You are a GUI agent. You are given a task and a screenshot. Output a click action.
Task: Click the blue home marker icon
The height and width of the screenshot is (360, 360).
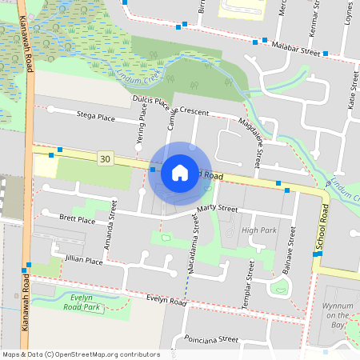click(x=180, y=172)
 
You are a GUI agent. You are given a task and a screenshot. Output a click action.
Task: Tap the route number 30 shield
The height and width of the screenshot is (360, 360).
click(x=106, y=159)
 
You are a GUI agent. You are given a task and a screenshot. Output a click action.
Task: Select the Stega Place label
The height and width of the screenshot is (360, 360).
click(x=96, y=116)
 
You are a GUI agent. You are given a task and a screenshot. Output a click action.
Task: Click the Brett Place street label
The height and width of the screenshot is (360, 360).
click(x=78, y=219)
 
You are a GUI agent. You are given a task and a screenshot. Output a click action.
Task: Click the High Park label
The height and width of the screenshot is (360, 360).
click(x=258, y=230)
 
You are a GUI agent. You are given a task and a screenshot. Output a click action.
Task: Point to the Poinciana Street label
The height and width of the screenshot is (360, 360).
click(x=210, y=339)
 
